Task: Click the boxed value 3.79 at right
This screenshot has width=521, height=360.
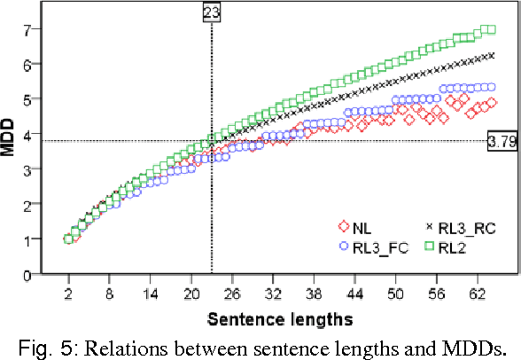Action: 502,141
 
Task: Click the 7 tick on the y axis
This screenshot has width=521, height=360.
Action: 28,29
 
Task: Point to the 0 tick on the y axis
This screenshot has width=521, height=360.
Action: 28,274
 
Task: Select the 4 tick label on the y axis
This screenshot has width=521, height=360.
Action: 28,135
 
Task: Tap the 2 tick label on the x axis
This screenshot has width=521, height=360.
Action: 68,291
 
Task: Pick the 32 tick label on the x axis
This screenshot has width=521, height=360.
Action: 273,291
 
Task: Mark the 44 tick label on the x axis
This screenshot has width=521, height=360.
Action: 354,291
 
